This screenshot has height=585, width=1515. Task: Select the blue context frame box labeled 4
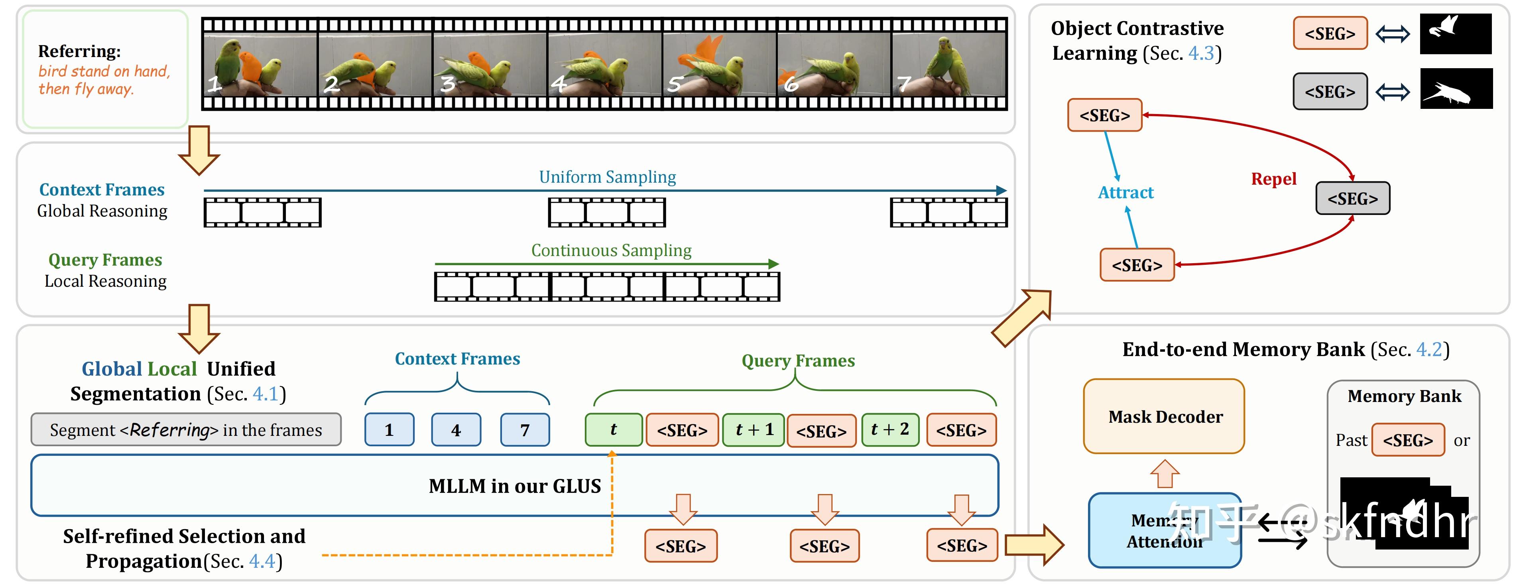coord(456,429)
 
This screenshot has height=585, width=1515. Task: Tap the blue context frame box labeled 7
coord(525,429)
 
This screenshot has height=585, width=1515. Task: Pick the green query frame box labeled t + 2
coord(890,429)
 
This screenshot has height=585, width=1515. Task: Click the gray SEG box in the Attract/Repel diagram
coord(1352,198)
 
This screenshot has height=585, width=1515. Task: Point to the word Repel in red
coord(1273,179)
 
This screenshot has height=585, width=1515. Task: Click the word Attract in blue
coord(1125,193)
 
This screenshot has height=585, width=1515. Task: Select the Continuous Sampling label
coord(611,250)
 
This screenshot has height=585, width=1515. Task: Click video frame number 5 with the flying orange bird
coord(719,65)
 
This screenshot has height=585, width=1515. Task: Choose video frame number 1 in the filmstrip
coord(260,65)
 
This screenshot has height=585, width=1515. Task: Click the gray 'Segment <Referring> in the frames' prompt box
coord(186,429)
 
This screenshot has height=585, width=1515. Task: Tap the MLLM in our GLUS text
coord(515,486)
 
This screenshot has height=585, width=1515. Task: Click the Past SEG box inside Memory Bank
coord(1407,439)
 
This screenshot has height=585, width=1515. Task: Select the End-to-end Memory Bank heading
coord(1285,350)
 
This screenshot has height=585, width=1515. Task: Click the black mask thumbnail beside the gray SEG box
coord(1456,89)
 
